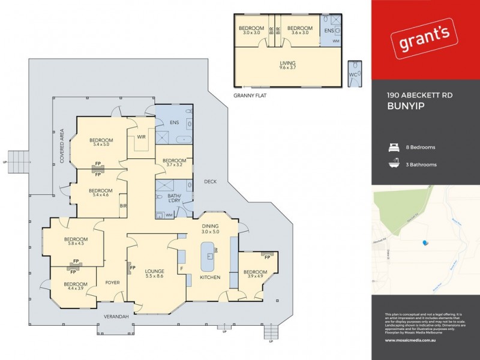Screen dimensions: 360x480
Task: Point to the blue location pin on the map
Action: pos(425,243)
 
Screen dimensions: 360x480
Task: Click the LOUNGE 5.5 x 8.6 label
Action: pos(155,274)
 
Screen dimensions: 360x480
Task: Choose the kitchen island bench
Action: pos(208,259)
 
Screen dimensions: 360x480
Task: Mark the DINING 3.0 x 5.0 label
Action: pos(211,228)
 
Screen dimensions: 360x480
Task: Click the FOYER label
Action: pos(113,282)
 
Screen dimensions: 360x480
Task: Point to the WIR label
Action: pos(142,137)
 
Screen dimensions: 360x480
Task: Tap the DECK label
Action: pos(210,182)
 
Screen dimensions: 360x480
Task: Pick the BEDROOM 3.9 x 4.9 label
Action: pos(255,274)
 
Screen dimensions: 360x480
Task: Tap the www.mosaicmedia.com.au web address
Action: pos(410,340)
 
